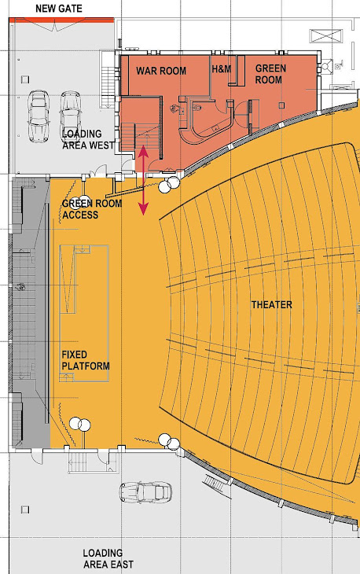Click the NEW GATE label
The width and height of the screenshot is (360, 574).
pyautogui.click(x=58, y=9)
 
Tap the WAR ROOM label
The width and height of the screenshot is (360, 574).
pyautogui.click(x=161, y=71)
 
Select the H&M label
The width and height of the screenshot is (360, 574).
pyautogui.click(x=222, y=68)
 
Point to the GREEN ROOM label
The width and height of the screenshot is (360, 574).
pyautogui.click(x=270, y=74)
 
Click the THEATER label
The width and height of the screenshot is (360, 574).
pyautogui.click(x=271, y=304)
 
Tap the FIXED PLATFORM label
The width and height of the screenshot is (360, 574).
pyautogui.click(x=85, y=360)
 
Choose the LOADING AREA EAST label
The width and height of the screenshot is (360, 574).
pyautogui.click(x=108, y=558)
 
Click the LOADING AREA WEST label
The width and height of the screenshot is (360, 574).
pyautogui.click(x=88, y=139)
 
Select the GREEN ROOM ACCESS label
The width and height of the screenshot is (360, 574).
pyautogui.click(x=91, y=209)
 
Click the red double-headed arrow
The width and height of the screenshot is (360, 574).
pyautogui.click(x=143, y=180)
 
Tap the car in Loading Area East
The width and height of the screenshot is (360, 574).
pyautogui.click(x=145, y=492)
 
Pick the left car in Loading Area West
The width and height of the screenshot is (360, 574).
pyautogui.click(x=39, y=116)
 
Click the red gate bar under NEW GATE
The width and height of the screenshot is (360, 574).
pyautogui.click(x=61, y=20)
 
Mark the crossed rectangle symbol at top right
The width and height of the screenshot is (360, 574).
pyautogui.click(x=326, y=36)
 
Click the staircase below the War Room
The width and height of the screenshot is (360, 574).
pyautogui.click(x=141, y=138)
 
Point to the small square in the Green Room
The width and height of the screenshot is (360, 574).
pyautogui.click(x=281, y=105)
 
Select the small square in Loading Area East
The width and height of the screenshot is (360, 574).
pyautogui.click(x=25, y=510)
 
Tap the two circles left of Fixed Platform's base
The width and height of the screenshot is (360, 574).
pyautogui.click(x=80, y=425)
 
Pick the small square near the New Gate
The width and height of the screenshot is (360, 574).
pyautogui.click(x=25, y=79)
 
